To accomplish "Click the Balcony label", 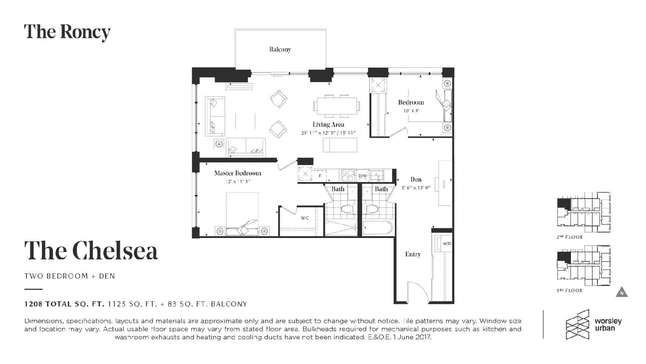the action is pos(280,49).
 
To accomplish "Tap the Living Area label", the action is pos(329,125).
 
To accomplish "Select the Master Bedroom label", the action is pos(238,173).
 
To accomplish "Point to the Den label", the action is pos(416,179).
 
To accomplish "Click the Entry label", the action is pos(413,254).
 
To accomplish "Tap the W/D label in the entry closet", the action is pos(447,244).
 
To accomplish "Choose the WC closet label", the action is pos(305,218).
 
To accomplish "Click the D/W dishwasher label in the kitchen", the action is pos(363,176).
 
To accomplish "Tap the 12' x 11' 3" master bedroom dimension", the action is pos(238,182).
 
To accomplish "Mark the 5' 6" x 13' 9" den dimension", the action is pos(416,188).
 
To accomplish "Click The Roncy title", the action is pos(67,32).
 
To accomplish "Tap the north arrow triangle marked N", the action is pos(622,292).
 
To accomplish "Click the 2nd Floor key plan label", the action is pos(570,237).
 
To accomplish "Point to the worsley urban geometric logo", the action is pos(578,324).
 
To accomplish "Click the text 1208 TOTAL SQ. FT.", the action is pos(65,304).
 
